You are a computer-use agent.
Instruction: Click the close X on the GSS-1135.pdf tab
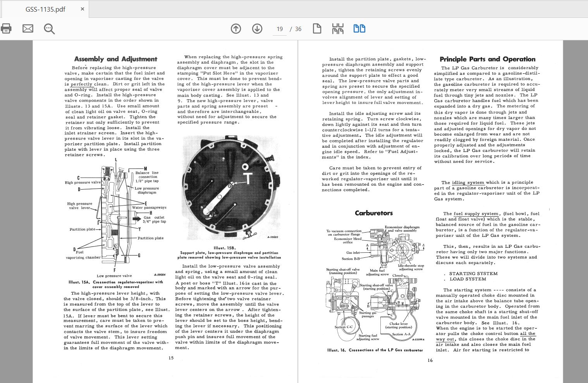click(x=82, y=9)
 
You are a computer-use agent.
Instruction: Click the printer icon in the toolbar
click(x=6, y=28)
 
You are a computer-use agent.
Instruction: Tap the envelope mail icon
click(x=28, y=28)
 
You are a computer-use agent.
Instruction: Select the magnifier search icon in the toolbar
click(x=49, y=29)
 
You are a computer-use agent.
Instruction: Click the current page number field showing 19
click(x=280, y=29)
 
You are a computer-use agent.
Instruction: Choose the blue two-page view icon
click(x=359, y=28)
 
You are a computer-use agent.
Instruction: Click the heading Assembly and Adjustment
click(x=115, y=59)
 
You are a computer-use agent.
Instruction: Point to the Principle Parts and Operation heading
click(x=487, y=59)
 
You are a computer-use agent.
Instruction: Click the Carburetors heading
click(x=373, y=213)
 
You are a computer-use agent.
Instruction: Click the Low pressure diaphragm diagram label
click(x=147, y=190)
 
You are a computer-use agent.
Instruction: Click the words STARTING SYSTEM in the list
click(x=473, y=273)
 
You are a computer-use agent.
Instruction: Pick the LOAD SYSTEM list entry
click(x=468, y=279)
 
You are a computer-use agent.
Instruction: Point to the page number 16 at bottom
click(x=430, y=360)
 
